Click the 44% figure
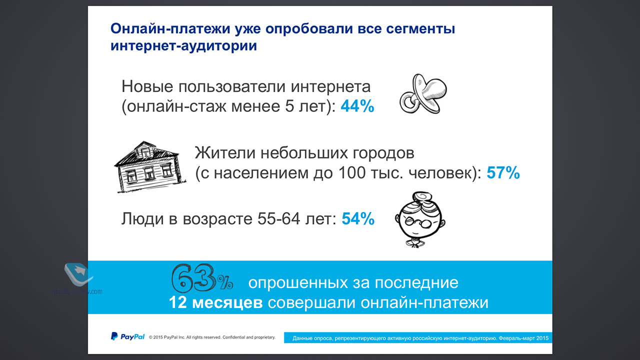pyautogui.click(x=357, y=106)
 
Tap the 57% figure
pyautogui.click(x=503, y=173)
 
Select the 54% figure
pyautogui.click(x=358, y=219)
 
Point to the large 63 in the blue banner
pyautogui.click(x=193, y=278)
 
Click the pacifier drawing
pyautogui.click(x=423, y=94)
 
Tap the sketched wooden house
pyautogui.click(x=149, y=167)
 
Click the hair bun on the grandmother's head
pyautogui.click(x=421, y=197)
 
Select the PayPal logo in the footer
pyautogui.click(x=127, y=336)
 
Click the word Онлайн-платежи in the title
pyautogui.click(x=170, y=29)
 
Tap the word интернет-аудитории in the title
pyautogui.click(x=183, y=45)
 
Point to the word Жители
pyautogui.click(x=225, y=153)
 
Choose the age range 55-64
pyautogui.click(x=278, y=219)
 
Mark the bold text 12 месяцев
pyautogui.click(x=215, y=302)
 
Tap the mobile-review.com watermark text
pyautogui.click(x=77, y=291)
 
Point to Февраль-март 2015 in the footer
pyautogui.click(x=523, y=338)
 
